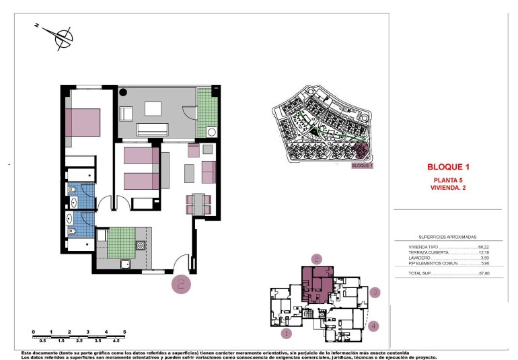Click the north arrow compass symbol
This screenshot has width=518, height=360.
(x=63, y=38)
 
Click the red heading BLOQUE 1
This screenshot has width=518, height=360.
(x=447, y=167)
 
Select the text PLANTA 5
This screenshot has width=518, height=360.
(x=448, y=180)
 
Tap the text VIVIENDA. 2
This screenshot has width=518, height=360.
(x=448, y=188)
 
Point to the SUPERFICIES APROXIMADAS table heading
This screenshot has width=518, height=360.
(x=447, y=238)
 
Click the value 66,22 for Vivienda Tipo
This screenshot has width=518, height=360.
(x=482, y=247)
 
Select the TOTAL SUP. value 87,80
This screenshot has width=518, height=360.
(x=482, y=273)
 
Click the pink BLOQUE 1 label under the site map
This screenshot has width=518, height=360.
(x=362, y=165)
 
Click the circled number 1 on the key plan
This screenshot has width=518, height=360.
(x=287, y=332)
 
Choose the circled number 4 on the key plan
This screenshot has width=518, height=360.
(x=374, y=326)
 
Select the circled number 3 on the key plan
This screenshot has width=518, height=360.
(x=375, y=292)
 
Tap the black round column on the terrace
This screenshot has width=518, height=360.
(x=124, y=93)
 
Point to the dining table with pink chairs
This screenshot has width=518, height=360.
(x=198, y=203)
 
